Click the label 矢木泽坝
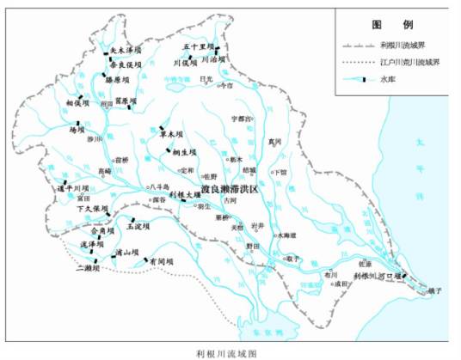pos(118,51)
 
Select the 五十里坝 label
pos(200,48)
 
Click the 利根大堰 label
pos(185,195)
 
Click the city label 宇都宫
pos(243,118)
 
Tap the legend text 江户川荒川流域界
pos(408,61)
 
